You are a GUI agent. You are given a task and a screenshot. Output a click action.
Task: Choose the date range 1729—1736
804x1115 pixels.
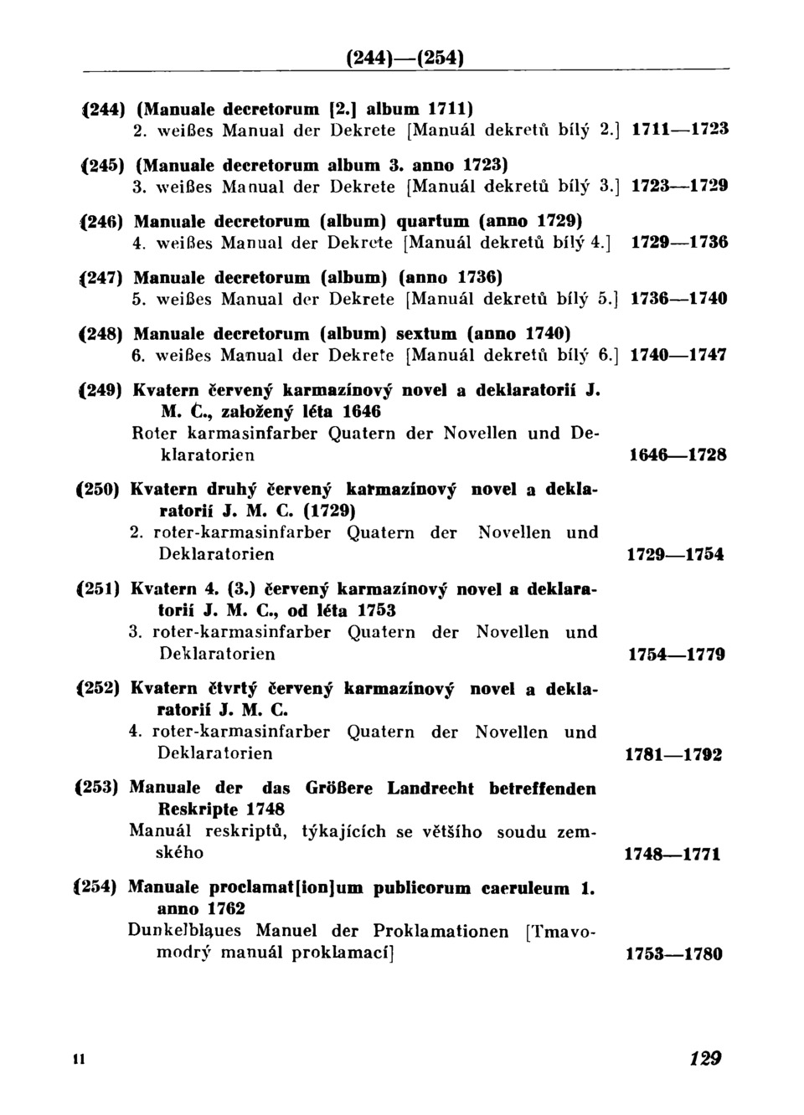point(678,243)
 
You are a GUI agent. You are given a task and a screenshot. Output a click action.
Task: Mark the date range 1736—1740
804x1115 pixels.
point(678,299)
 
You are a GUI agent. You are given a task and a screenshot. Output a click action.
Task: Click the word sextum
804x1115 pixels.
point(428,333)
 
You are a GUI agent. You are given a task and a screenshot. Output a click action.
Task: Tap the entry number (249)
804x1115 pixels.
point(101,390)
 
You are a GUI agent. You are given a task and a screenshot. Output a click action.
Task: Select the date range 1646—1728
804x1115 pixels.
point(677,455)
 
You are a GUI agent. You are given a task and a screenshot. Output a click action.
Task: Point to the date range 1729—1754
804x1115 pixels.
point(675,555)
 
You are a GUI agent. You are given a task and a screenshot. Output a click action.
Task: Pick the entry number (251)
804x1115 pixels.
point(100,589)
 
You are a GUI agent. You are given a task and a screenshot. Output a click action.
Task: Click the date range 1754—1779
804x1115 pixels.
point(676,655)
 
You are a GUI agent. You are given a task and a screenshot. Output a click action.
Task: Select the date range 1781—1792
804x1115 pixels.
point(674,754)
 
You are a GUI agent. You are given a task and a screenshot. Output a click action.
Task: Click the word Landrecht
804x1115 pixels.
point(430,789)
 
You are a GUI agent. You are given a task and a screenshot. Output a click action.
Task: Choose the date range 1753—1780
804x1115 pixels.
point(673,954)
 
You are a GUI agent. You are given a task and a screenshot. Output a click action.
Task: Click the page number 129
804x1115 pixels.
point(705,1059)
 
